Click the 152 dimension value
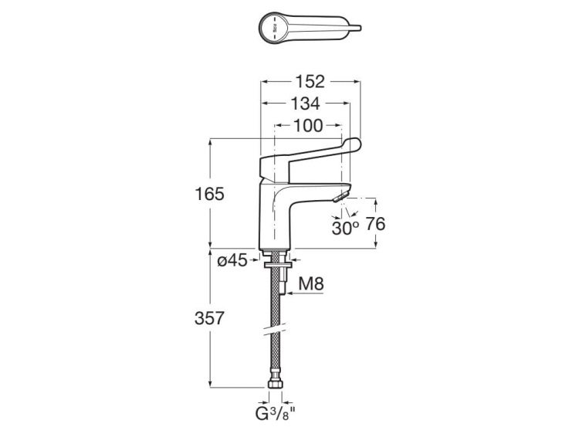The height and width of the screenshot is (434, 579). point(310,82)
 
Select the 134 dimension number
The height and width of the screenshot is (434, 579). point(306,103)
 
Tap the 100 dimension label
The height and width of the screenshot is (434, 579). point(308,126)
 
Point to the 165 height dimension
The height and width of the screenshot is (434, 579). point(209,194)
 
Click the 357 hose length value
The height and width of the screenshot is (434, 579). point(209,318)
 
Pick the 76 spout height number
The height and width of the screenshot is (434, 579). point(375,224)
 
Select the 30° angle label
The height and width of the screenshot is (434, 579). point(345,229)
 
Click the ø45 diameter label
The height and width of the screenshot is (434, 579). point(232,261)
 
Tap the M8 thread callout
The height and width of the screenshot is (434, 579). point(311,283)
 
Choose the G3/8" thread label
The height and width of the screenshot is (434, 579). point(276,413)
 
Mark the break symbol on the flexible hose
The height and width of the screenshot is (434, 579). point(276,330)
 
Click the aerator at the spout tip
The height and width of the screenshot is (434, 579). point(341,196)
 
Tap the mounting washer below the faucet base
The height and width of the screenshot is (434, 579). point(278,264)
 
